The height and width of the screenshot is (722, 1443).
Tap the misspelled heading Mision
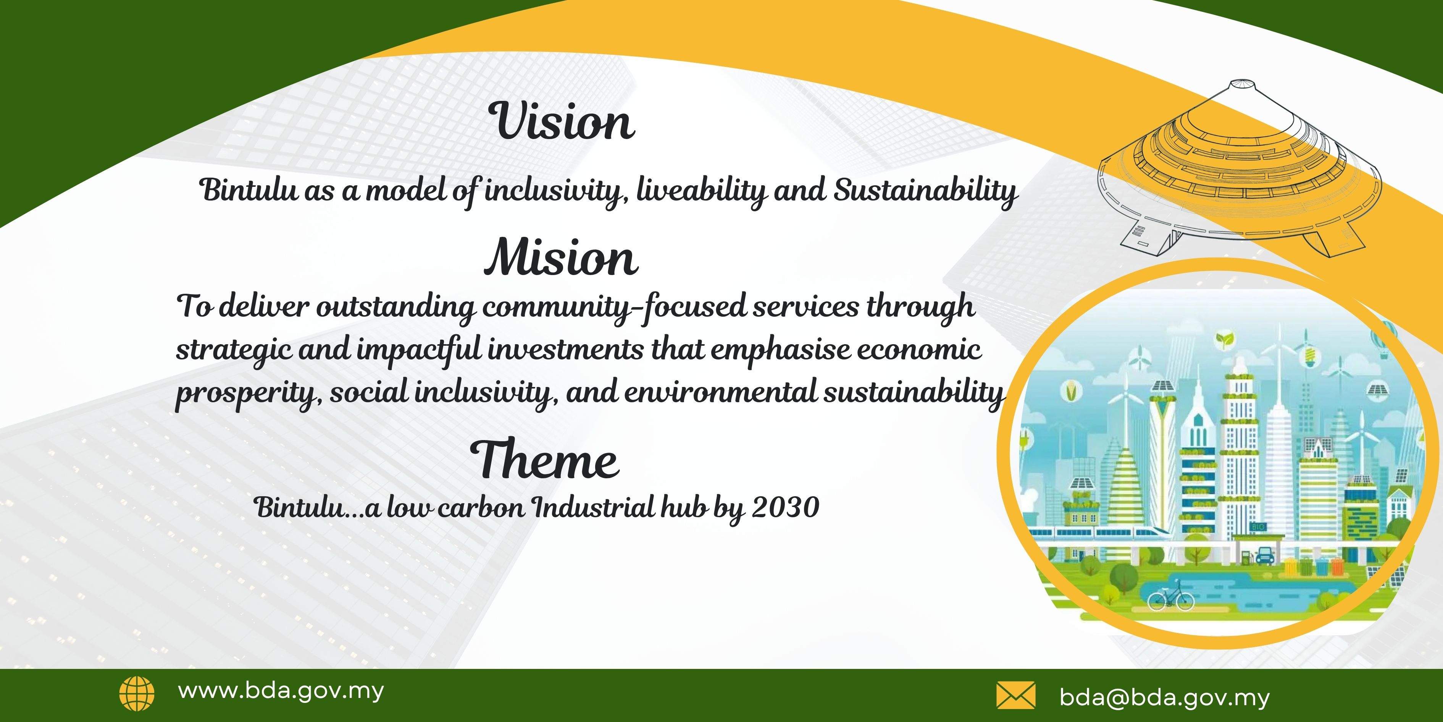coord(561,258)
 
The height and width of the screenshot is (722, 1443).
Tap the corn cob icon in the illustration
coord(1072,391)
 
